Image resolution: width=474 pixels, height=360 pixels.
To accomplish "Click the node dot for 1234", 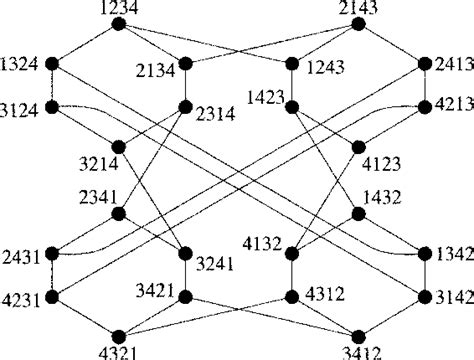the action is (x=119, y=24).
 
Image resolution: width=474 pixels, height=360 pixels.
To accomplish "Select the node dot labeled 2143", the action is (x=358, y=24).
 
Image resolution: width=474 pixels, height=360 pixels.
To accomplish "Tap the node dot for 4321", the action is (x=119, y=337).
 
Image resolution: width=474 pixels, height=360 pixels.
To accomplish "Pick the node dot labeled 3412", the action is (x=358, y=337).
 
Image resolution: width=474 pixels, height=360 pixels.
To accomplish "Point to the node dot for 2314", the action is (x=185, y=107).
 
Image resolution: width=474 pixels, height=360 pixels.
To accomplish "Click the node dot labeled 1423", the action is (x=292, y=107).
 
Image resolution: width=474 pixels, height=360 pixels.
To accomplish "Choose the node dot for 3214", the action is (x=119, y=147).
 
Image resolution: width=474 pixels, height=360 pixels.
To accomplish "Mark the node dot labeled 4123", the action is (x=358, y=147).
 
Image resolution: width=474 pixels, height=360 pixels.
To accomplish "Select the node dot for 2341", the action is (x=119, y=214).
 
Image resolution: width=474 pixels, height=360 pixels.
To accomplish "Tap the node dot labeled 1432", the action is (x=358, y=214).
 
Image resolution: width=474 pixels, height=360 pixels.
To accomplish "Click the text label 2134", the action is (x=155, y=71).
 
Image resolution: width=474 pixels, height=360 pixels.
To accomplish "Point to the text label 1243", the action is (x=325, y=68).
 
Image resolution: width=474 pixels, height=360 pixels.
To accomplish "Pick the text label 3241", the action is (x=215, y=264).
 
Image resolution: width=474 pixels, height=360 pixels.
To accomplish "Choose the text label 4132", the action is (x=262, y=244).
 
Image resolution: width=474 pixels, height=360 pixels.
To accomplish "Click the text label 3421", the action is (x=155, y=291).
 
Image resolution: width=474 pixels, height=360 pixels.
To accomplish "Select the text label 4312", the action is (x=325, y=294).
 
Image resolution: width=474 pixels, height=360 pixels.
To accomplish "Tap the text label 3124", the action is (x=19, y=111).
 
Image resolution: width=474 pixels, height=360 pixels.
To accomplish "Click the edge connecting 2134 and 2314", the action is (x=185, y=85).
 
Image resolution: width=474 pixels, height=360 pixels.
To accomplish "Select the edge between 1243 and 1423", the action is (x=292, y=85).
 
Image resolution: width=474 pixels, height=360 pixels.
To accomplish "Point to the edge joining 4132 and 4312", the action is (x=292, y=275).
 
